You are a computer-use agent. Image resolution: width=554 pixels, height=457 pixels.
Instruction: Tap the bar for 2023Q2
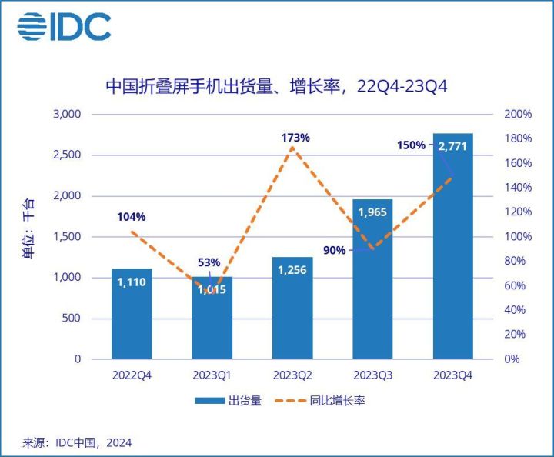tap(292, 308)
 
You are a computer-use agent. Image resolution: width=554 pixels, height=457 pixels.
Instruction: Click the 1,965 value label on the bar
tap(372, 210)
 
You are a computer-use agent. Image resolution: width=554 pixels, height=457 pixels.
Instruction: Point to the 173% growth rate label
tap(295, 138)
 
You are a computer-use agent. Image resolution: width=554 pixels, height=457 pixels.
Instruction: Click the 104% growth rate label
tap(132, 216)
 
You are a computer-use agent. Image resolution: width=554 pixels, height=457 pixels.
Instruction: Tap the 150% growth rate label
tap(411, 145)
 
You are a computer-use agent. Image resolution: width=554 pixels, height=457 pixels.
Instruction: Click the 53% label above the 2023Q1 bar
tap(209, 262)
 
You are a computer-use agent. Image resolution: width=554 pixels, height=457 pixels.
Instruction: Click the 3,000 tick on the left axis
tap(65, 115)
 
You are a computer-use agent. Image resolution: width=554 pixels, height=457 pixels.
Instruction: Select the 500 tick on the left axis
tap(70, 319)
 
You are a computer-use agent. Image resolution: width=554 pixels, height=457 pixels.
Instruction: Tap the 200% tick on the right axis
tap(518, 115)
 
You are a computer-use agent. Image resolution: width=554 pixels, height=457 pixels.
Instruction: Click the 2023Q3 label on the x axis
tap(372, 375)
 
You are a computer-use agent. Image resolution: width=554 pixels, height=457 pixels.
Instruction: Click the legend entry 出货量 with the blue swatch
tap(228, 401)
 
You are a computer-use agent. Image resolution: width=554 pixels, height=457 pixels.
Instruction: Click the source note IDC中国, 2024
tap(77, 442)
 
